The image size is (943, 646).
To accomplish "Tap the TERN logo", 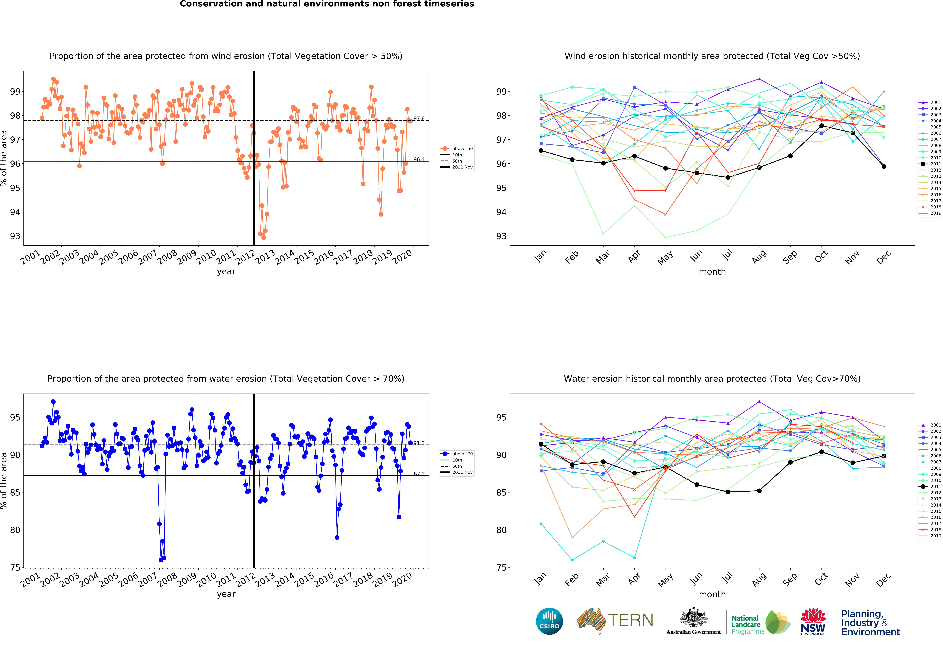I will [x=615, y=620].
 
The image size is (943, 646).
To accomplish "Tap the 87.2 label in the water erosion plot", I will [x=419, y=474].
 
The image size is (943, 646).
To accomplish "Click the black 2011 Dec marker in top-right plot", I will [x=884, y=167].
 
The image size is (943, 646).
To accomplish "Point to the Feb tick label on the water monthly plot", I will [x=571, y=580].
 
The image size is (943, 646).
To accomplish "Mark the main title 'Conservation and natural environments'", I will [x=327, y=4].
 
